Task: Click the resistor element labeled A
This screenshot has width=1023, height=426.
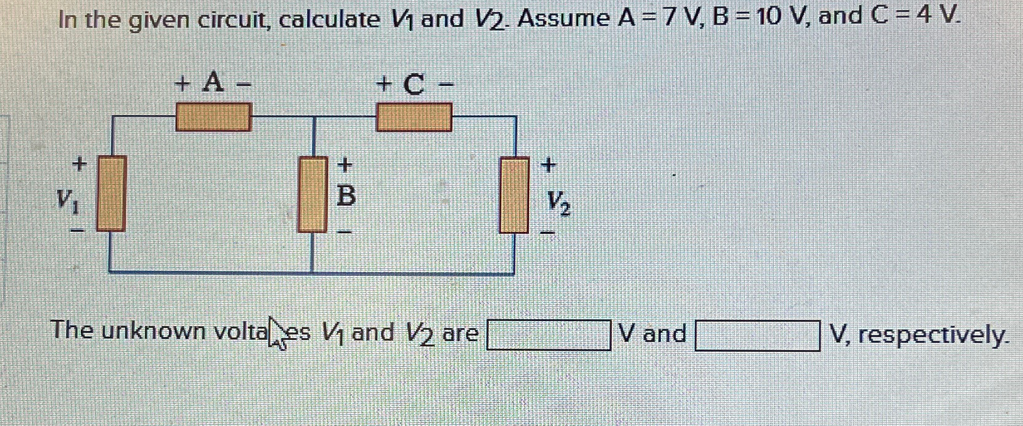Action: pos(213,117)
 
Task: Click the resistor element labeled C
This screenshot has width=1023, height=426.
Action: pos(414,117)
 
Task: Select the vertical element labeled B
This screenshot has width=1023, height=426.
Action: pos(313,194)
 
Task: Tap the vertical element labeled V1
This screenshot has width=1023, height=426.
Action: pos(111,194)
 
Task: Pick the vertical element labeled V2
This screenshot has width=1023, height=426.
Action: pos(514,195)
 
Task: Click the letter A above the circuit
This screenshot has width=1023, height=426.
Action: pos(213,82)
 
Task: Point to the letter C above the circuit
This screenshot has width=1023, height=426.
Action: pos(414,84)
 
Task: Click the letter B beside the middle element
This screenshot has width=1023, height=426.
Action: pos(346,197)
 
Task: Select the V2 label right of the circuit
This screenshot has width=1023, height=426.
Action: pos(558,202)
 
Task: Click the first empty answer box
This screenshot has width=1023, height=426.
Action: pos(549,335)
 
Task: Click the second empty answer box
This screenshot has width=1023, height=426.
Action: pos(757,335)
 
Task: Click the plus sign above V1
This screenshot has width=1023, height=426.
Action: pos(78,165)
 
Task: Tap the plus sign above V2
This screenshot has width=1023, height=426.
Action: pos(548,165)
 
